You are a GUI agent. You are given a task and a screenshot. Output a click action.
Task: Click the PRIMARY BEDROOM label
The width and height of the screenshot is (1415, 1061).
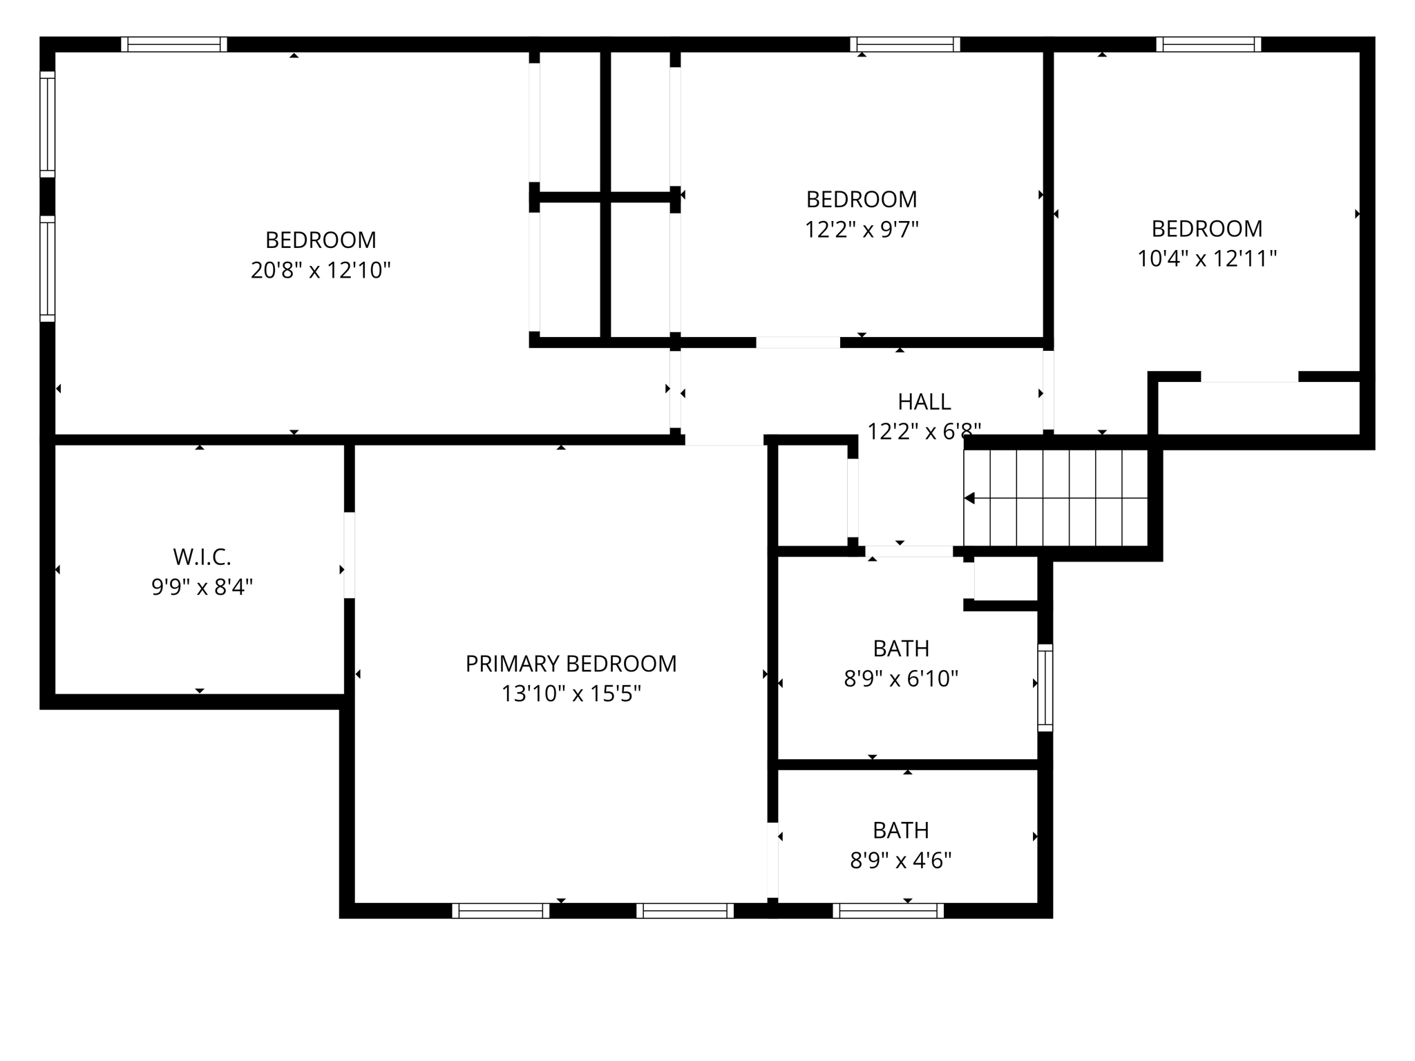(x=571, y=664)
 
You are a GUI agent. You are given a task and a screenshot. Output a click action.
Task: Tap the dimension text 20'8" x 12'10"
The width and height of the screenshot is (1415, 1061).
(x=321, y=270)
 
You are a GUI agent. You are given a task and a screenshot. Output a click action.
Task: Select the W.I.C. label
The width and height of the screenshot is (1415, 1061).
(x=202, y=557)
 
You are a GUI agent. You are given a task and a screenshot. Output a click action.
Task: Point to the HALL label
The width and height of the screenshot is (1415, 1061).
(x=924, y=401)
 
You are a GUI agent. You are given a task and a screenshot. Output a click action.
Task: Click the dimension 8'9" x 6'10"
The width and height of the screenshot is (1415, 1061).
(x=901, y=679)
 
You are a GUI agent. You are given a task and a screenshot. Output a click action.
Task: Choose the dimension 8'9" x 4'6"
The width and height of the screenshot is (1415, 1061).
(x=901, y=861)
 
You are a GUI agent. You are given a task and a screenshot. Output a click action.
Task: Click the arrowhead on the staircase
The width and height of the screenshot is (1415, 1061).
(x=970, y=498)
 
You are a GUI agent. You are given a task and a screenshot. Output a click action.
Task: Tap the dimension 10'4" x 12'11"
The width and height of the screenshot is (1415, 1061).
(x=1207, y=259)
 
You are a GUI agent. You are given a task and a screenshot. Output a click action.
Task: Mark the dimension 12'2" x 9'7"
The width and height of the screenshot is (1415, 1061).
(x=862, y=229)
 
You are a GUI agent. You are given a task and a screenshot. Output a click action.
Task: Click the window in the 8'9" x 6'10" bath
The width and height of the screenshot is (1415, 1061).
(x=1045, y=687)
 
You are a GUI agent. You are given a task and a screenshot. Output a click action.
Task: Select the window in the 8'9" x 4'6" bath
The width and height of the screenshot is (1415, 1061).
(x=888, y=910)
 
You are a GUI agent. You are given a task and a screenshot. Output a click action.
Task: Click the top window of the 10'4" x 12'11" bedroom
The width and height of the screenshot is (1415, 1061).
(x=1208, y=45)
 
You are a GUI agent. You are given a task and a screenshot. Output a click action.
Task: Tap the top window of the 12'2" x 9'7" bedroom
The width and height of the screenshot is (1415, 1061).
(x=904, y=45)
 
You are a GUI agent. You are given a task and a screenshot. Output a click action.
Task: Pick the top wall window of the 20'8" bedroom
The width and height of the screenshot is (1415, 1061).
(x=174, y=45)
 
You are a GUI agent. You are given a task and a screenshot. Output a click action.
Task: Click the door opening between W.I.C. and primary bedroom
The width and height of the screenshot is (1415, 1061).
(x=350, y=555)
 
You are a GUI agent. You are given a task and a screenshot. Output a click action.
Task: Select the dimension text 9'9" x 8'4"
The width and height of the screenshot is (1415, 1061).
(x=202, y=587)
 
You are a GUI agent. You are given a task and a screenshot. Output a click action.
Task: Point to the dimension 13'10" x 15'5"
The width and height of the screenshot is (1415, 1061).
(x=571, y=694)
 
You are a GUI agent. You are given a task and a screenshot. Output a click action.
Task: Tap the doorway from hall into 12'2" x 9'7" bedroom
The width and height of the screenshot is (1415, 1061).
(x=798, y=343)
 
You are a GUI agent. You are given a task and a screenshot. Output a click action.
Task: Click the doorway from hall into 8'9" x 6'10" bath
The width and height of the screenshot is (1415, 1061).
(x=909, y=551)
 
